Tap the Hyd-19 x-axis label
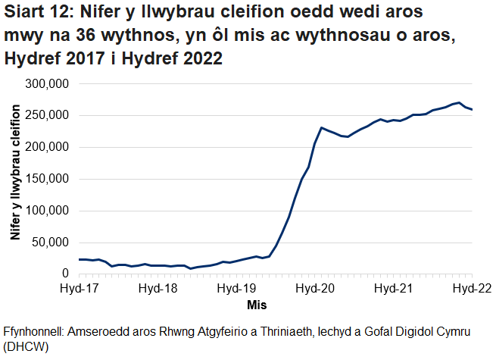click(236, 289)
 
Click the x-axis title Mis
click(256, 304)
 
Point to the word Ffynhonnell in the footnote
click(37, 332)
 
